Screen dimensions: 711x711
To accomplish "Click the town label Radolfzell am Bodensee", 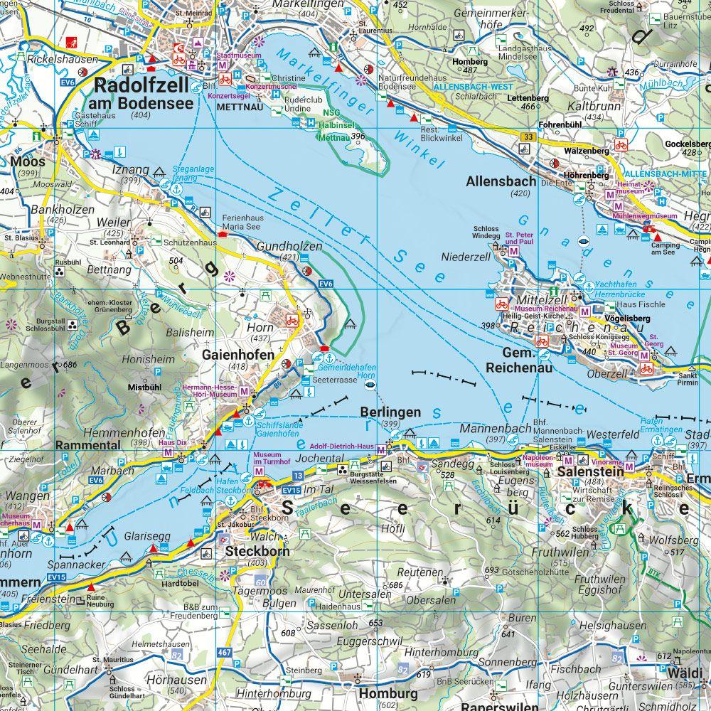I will [143, 94].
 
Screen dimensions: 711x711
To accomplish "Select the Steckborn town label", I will [250, 550].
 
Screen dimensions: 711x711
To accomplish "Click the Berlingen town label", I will [390, 412].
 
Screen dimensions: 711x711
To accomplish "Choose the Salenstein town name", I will [590, 471].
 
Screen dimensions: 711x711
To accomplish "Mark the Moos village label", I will [28, 161].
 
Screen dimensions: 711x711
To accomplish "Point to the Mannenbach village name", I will [496, 428].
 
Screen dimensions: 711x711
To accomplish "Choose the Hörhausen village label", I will [166, 680].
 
